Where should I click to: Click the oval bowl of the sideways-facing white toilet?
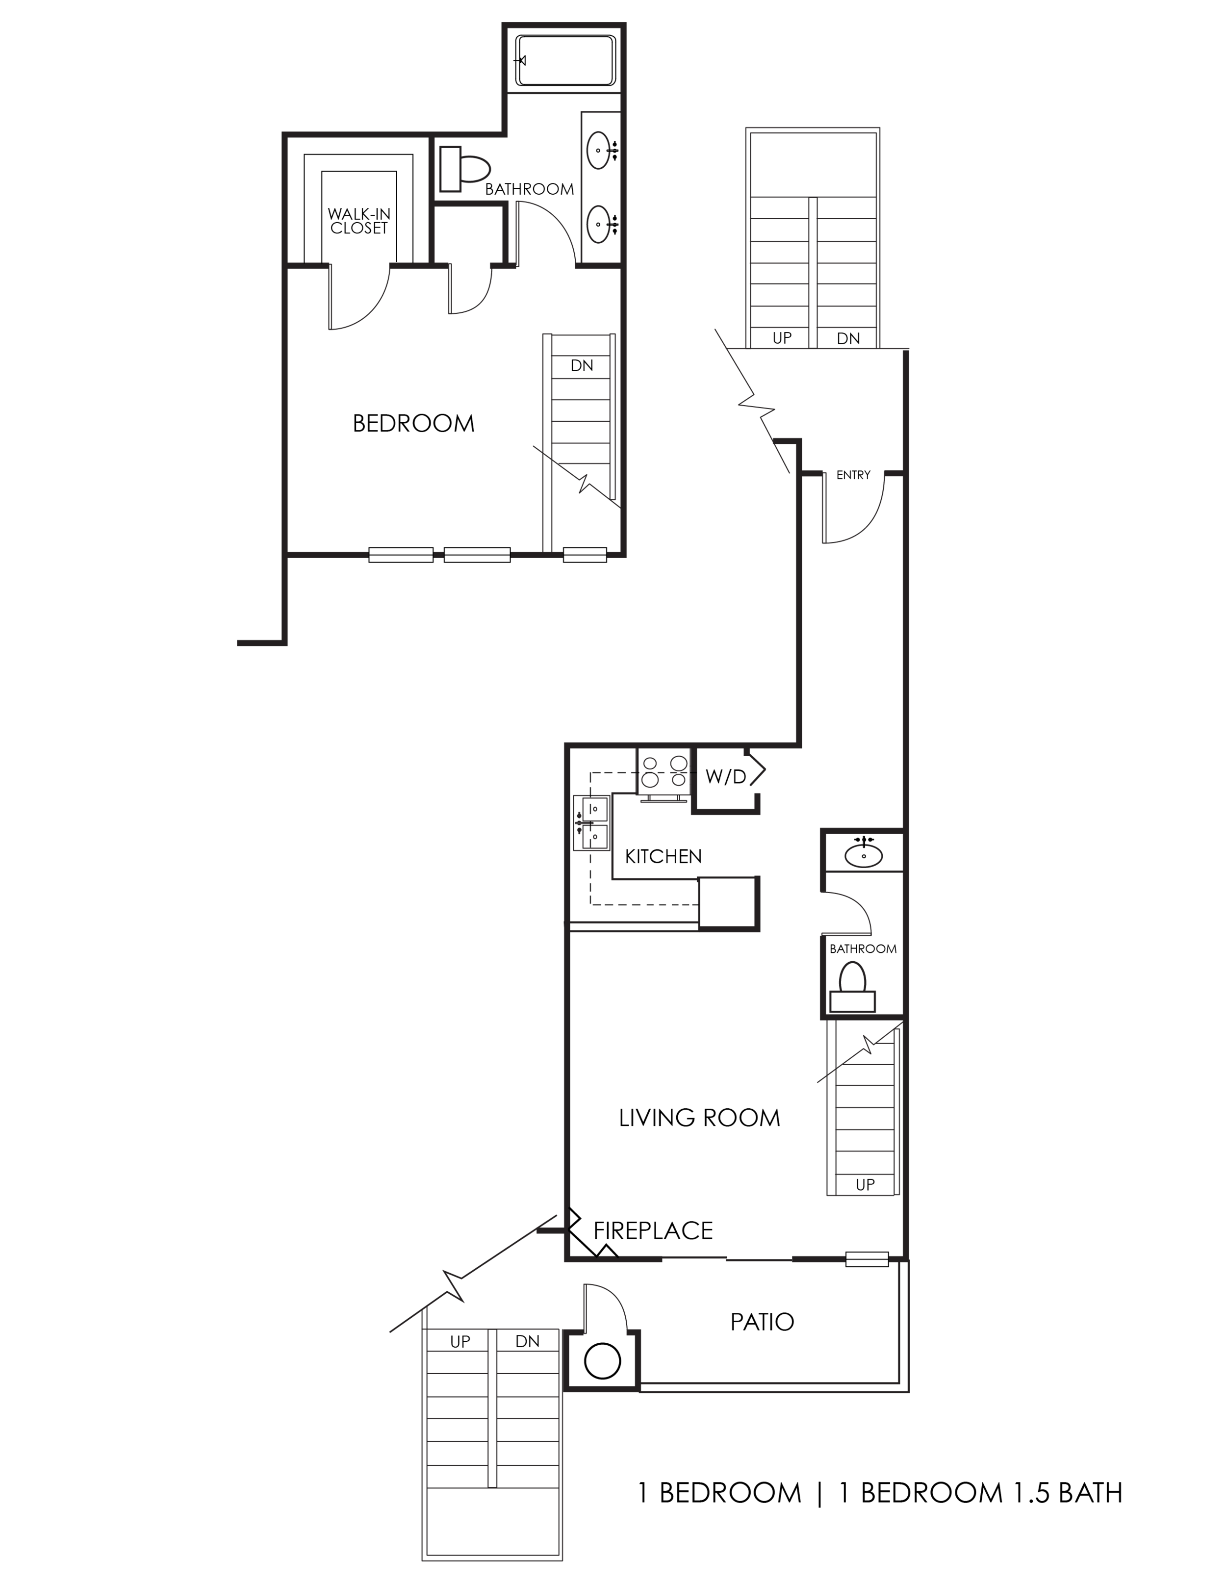[x=474, y=169]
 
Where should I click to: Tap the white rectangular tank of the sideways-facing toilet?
[x=450, y=169]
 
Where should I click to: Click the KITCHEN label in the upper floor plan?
[x=817, y=339]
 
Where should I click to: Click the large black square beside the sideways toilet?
[x=365, y=207]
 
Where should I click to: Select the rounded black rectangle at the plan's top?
[x=565, y=64]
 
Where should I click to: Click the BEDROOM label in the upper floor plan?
[x=414, y=424]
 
